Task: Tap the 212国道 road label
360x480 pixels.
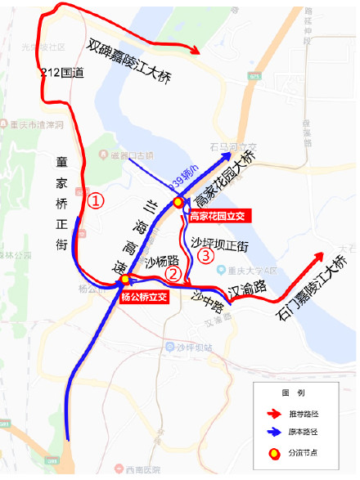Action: click(x=62, y=74)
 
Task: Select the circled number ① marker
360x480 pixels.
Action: click(x=96, y=200)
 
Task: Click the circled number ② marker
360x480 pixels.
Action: click(x=173, y=274)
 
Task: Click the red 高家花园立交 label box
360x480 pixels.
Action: click(x=216, y=217)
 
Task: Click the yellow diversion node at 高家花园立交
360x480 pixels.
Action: click(x=178, y=203)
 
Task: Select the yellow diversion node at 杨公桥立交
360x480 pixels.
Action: click(x=124, y=280)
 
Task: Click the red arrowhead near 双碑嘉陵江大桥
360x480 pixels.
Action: click(x=196, y=52)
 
